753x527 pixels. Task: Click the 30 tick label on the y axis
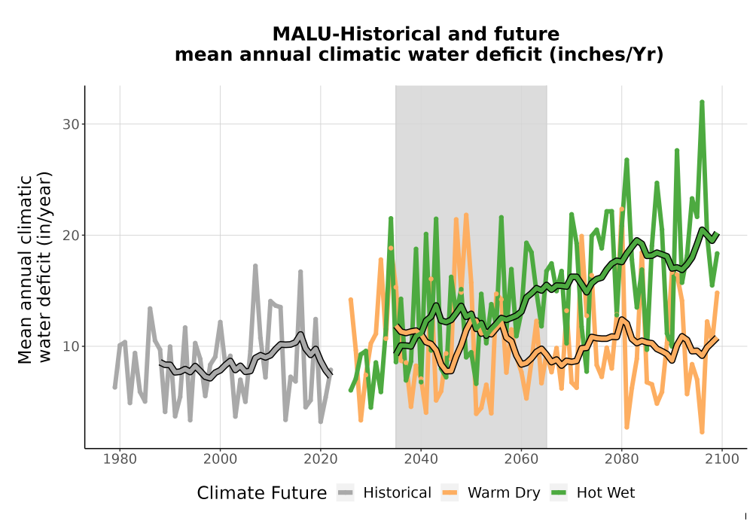pyautogui.click(x=70, y=124)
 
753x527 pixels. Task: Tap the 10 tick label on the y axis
pyautogui.click(x=70, y=346)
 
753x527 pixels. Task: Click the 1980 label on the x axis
pyautogui.click(x=120, y=459)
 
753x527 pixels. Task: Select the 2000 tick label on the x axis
pyautogui.click(x=221, y=459)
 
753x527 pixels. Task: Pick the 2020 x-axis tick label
pyautogui.click(x=321, y=459)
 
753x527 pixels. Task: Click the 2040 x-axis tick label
pyautogui.click(x=421, y=459)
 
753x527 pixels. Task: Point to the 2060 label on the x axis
pyautogui.click(x=521, y=459)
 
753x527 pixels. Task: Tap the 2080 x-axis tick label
pyautogui.click(x=621, y=459)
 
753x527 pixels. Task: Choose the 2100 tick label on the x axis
pyautogui.click(x=722, y=459)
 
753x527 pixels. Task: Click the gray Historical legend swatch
pyautogui.click(x=346, y=493)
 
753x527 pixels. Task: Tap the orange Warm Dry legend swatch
pyautogui.click(x=450, y=493)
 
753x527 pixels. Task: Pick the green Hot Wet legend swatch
pyautogui.click(x=559, y=493)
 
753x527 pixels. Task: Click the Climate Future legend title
pyautogui.click(x=262, y=493)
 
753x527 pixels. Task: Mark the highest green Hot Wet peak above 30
pyautogui.click(x=702, y=102)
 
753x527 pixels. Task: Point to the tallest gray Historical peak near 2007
pyautogui.click(x=255, y=266)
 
